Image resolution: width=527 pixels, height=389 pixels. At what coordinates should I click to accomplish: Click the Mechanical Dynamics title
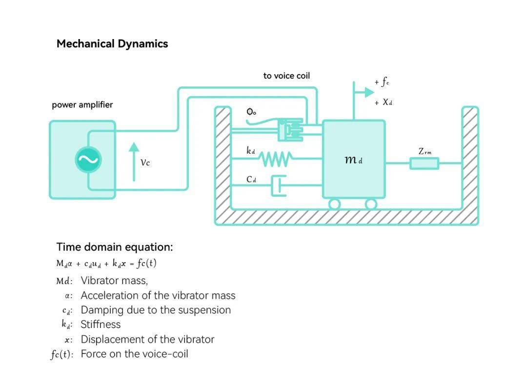pyautogui.click(x=112, y=44)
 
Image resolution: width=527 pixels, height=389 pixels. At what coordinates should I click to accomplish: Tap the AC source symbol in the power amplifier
pyautogui.click(x=88, y=160)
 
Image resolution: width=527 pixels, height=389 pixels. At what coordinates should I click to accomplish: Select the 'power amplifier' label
pyautogui.click(x=82, y=105)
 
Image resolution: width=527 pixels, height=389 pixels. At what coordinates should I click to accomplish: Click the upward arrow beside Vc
pyautogui.click(x=134, y=161)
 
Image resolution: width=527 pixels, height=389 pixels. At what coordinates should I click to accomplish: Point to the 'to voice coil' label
pyautogui.click(x=286, y=76)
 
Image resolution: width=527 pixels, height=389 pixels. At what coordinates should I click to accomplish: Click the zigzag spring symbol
pyautogui.click(x=275, y=158)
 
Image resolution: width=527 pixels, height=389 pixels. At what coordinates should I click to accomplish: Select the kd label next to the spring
pyautogui.click(x=250, y=151)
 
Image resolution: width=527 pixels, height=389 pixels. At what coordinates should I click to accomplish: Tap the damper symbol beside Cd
pyautogui.click(x=279, y=185)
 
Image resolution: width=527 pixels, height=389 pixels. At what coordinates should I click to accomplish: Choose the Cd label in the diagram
pyautogui.click(x=251, y=179)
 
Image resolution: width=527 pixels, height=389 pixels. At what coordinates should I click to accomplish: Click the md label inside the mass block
pyautogui.click(x=353, y=160)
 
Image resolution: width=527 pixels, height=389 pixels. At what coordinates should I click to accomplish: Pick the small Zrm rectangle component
pyautogui.click(x=424, y=163)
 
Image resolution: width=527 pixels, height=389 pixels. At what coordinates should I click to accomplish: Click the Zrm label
pyautogui.click(x=425, y=151)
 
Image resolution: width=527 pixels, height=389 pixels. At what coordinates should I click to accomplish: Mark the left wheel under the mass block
pyautogui.click(x=334, y=204)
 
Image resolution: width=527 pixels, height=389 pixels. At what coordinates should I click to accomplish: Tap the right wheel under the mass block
pyautogui.click(x=371, y=204)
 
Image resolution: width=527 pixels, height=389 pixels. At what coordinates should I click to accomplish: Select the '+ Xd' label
pyautogui.click(x=384, y=102)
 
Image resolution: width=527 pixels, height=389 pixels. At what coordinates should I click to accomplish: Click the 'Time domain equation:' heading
pyautogui.click(x=115, y=247)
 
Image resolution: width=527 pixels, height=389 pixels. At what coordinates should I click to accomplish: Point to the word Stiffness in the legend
pyautogui.click(x=101, y=325)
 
